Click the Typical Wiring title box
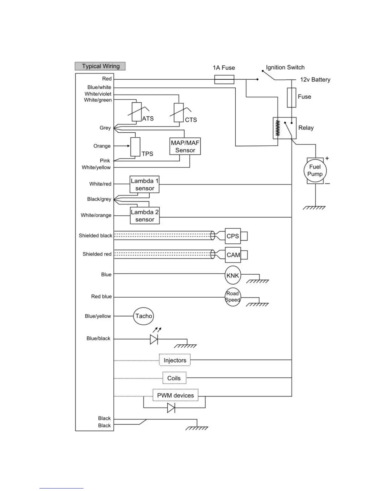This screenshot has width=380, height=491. point(100,66)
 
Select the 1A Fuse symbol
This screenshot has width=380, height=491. point(224,80)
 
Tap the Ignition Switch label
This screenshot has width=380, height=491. point(285,68)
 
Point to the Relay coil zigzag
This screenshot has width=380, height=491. point(278,128)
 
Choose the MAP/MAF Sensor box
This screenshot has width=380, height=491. point(185,146)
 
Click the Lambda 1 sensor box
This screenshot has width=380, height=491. point(144,184)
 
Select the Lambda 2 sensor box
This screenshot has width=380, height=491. point(145,216)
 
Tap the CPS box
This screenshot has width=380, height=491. point(233,236)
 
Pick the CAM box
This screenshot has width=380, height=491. point(233,255)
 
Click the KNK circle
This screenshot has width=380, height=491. point(233,275)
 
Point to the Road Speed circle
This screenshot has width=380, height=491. point(233,297)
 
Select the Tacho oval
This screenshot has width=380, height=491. point(144,316)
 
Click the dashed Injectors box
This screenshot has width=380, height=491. point(175,360)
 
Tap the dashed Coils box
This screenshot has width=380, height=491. point(174,378)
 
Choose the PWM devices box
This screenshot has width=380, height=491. point(175,395)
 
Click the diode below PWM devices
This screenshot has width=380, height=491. point(171,408)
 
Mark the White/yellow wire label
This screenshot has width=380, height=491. point(96,167)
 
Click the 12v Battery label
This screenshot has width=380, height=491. point(315,80)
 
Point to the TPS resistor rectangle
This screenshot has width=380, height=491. point(135,147)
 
